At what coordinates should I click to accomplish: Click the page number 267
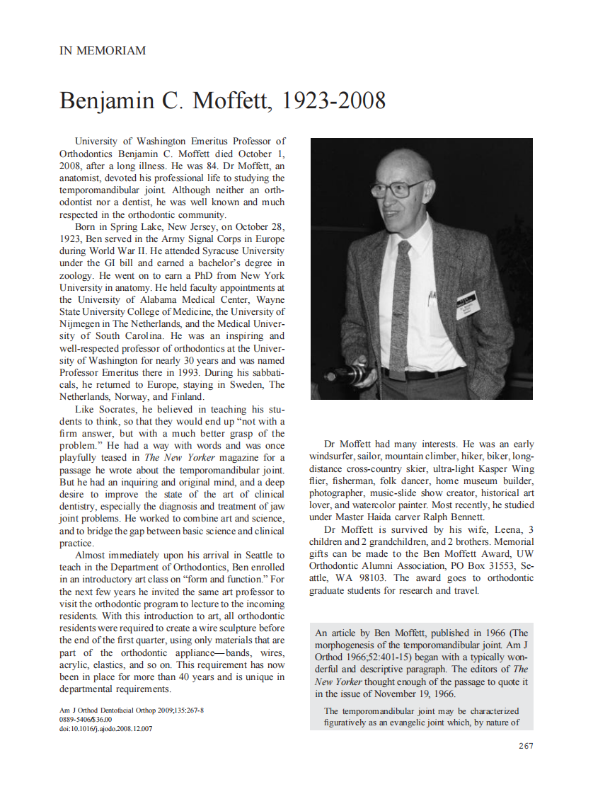(526, 745)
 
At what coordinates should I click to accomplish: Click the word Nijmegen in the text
(84, 323)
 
